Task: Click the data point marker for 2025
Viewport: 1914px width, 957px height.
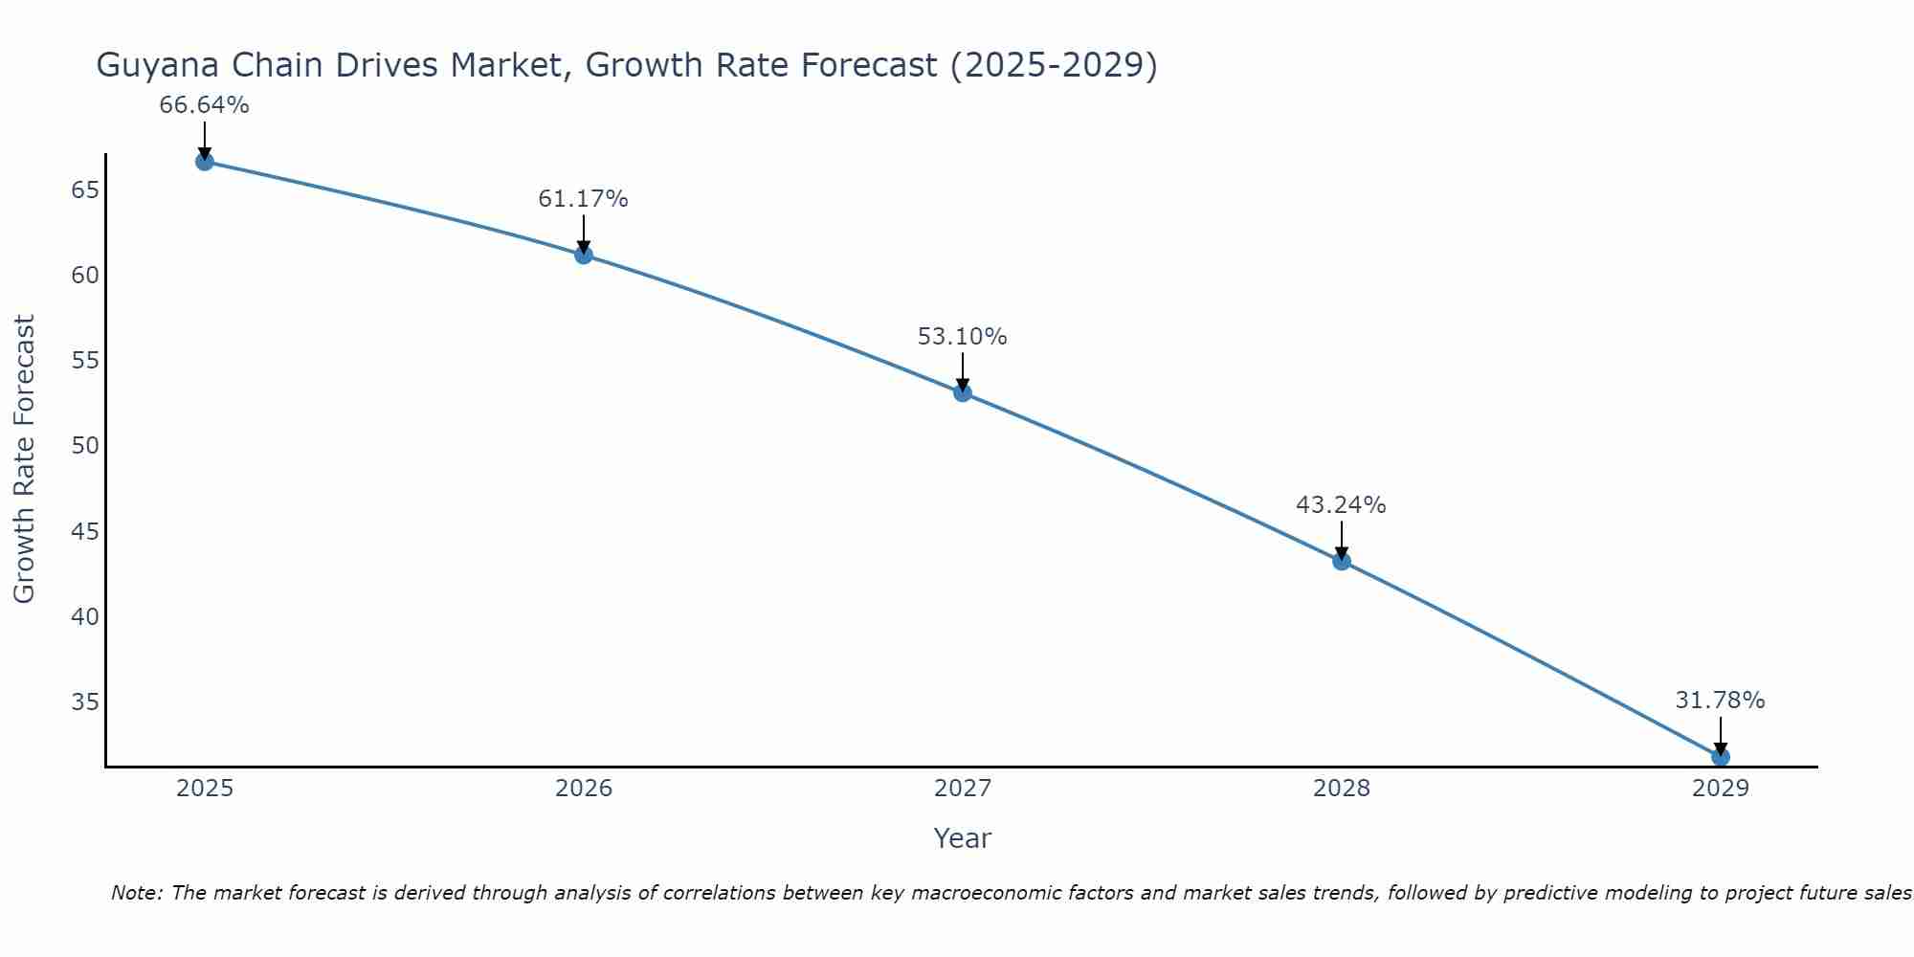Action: [204, 162]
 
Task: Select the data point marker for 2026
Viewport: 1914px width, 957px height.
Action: [583, 255]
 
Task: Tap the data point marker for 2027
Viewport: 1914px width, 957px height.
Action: [962, 392]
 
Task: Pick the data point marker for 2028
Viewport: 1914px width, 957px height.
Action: [1341, 561]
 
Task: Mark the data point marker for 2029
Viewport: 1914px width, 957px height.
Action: [1720, 757]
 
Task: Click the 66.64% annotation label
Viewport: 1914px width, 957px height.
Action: [204, 105]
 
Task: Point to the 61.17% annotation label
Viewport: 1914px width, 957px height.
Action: [583, 199]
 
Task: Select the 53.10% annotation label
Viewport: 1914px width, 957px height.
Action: [962, 337]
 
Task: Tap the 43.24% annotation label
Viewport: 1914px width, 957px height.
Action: [1341, 505]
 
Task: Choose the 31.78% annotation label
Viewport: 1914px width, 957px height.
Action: [1720, 701]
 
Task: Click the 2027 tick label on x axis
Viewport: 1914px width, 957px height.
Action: [962, 789]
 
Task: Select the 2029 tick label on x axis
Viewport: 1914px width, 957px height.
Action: [1720, 789]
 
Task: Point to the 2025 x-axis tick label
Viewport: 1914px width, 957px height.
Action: [205, 789]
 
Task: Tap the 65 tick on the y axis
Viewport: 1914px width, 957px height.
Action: [85, 189]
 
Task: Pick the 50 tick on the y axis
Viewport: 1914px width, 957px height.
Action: [85, 446]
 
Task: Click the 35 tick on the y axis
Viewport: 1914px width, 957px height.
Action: [85, 702]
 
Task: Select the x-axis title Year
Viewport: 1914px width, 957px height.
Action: [962, 838]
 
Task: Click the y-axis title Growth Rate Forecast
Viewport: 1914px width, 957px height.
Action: [24, 458]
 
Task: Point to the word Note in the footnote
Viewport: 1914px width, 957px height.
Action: [137, 893]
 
